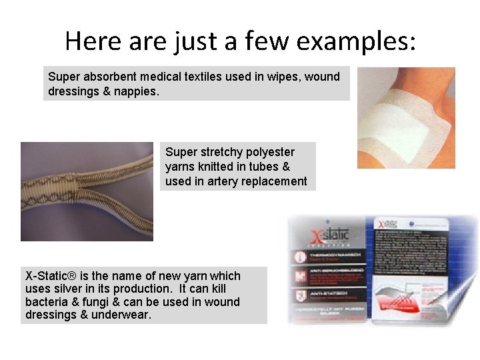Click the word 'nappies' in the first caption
137,91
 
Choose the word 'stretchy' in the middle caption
218,152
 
